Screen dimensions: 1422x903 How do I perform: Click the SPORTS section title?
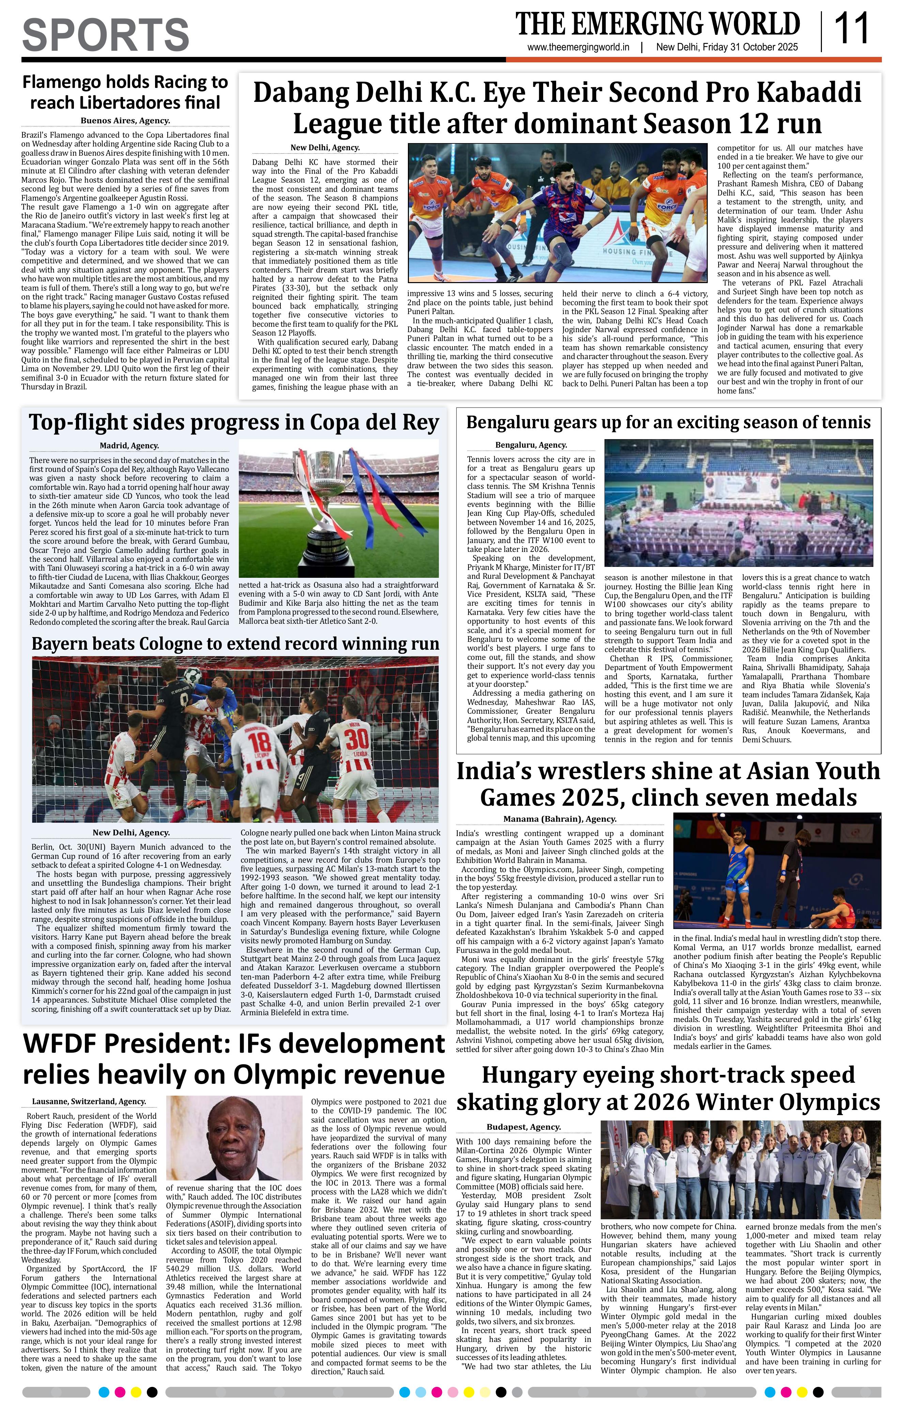(106, 34)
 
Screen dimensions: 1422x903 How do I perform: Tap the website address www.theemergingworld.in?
(578, 47)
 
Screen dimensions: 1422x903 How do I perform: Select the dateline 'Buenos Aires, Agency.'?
(125, 121)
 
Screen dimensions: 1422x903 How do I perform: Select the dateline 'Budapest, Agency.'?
(523, 1127)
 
